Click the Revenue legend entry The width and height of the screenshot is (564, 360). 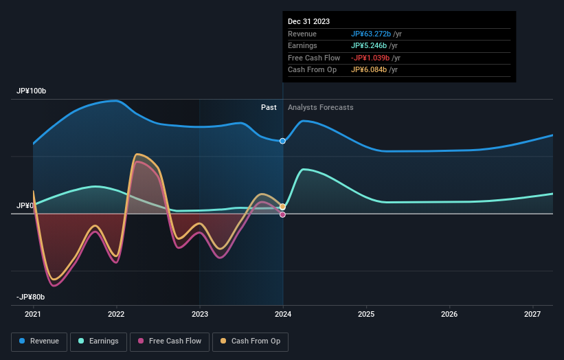(39, 341)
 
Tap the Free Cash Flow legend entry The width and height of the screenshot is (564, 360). (170, 341)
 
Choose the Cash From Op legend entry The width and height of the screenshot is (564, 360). (250, 341)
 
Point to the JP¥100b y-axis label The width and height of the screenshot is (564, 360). (31, 91)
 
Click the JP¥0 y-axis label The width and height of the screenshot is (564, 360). (26, 205)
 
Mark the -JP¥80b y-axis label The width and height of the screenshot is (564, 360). (31, 297)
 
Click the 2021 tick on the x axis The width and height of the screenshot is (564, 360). (33, 315)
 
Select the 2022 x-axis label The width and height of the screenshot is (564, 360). (116, 315)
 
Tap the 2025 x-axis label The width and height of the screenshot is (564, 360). (366, 315)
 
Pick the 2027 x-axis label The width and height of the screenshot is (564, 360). (533, 315)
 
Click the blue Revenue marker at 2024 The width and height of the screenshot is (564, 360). (282, 141)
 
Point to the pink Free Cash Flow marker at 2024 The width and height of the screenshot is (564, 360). (282, 214)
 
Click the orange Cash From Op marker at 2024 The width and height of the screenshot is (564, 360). (282, 207)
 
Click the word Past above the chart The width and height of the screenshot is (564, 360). (269, 107)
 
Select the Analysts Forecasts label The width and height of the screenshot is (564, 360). (320, 107)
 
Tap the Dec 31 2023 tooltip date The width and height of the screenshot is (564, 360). (309, 21)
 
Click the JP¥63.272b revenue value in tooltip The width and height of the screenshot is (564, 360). (371, 33)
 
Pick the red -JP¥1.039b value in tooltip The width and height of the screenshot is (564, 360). (371, 58)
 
